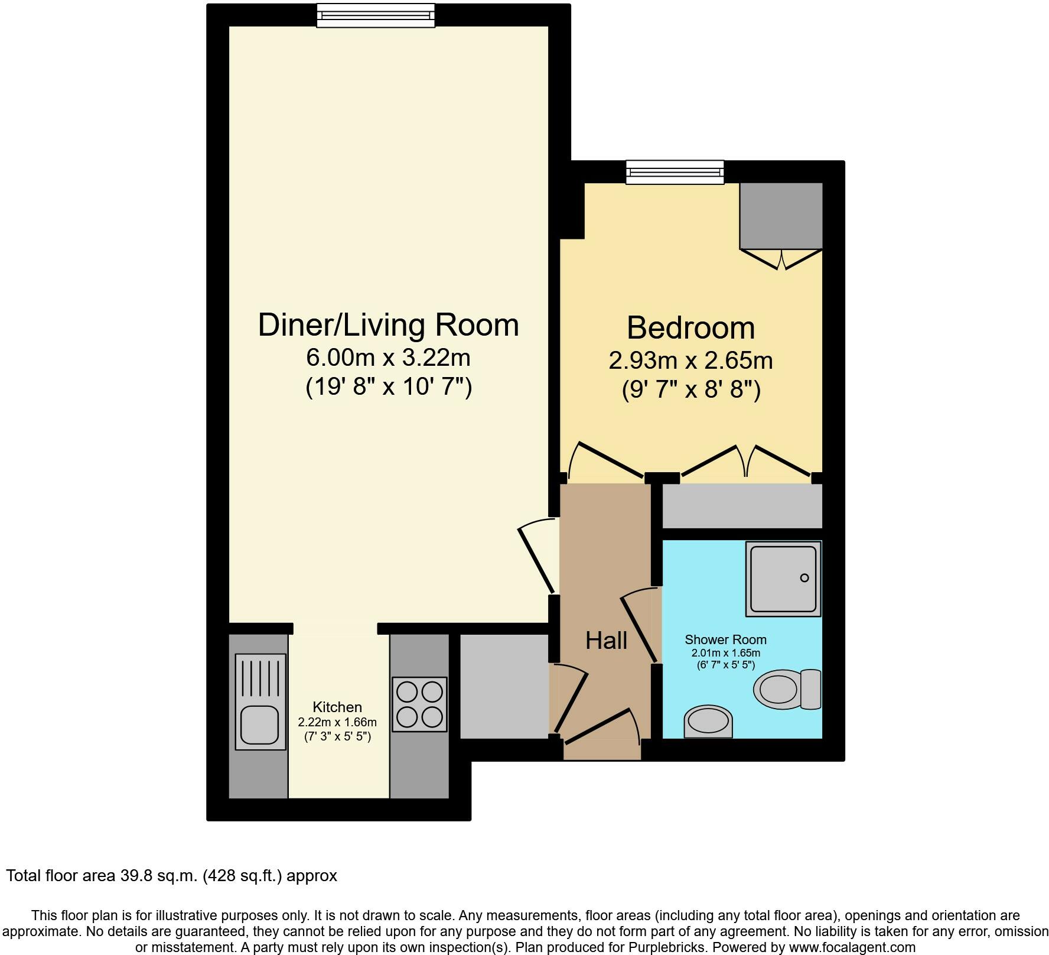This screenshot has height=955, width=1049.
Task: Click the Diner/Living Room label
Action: click(x=388, y=326)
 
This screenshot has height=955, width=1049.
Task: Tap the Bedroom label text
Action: click(x=690, y=328)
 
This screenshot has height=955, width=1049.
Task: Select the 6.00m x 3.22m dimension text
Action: click(x=388, y=358)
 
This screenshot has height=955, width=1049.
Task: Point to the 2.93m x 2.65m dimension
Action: click(x=690, y=360)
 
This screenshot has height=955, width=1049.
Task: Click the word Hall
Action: click(x=606, y=641)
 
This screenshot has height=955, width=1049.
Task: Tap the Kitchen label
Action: click(x=337, y=707)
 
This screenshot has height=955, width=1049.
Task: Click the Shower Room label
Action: click(x=725, y=639)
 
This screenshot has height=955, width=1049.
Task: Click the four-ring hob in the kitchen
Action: click(x=419, y=704)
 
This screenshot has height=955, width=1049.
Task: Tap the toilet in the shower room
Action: click(x=786, y=689)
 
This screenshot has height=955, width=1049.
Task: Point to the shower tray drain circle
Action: click(x=804, y=578)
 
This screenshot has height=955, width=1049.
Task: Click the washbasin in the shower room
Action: click(x=708, y=722)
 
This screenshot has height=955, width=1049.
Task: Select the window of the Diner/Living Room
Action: click(x=376, y=15)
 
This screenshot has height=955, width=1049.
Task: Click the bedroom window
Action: click(x=675, y=172)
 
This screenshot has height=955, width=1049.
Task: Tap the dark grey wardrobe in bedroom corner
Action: click(x=781, y=216)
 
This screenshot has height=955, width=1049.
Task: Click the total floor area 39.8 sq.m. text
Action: click(x=171, y=875)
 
